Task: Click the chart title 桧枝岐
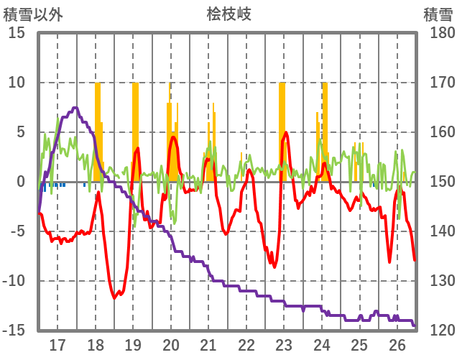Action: click(x=228, y=14)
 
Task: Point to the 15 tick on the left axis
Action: click(x=17, y=33)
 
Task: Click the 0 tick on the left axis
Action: click(x=22, y=182)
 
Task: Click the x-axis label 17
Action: click(x=57, y=345)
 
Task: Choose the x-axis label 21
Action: click(x=208, y=345)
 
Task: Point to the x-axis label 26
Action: click(x=397, y=345)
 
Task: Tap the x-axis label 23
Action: click(x=284, y=345)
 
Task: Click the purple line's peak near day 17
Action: click(x=75, y=108)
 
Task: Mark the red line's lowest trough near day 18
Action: click(x=115, y=297)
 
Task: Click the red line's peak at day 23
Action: click(x=286, y=132)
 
